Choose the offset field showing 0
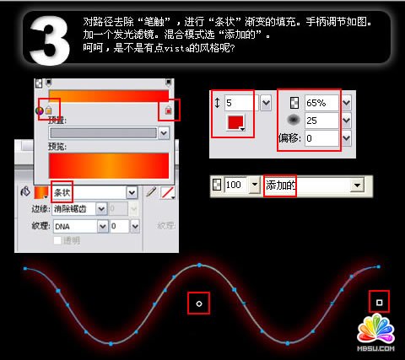(x=322, y=137)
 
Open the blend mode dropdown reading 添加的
(x=312, y=184)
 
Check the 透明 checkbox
(x=57, y=241)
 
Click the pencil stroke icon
(x=152, y=192)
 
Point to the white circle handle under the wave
(x=198, y=302)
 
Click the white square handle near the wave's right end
(x=380, y=301)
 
